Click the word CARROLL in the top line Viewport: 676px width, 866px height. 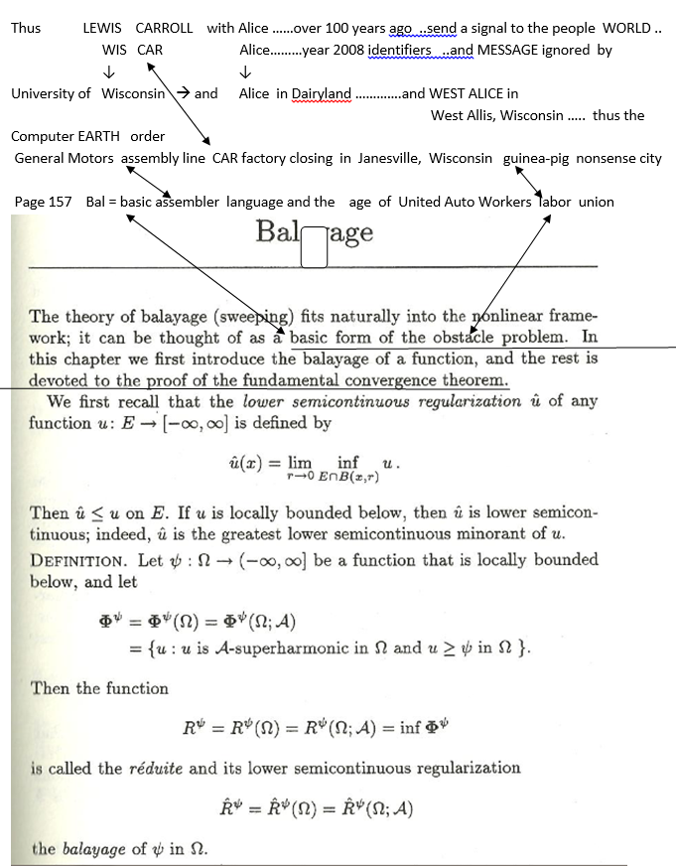point(164,28)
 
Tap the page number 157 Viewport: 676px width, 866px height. point(61,202)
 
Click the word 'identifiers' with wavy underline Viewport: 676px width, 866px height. point(399,49)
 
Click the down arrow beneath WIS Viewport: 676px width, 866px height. point(109,72)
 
